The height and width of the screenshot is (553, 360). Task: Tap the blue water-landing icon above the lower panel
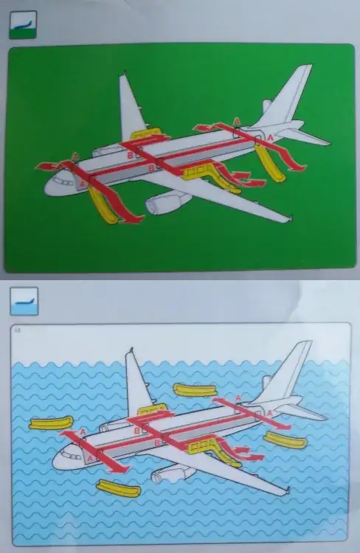(x=24, y=302)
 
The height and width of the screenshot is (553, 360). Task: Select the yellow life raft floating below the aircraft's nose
(x=117, y=487)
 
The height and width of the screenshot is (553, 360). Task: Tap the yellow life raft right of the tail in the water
(x=285, y=440)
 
